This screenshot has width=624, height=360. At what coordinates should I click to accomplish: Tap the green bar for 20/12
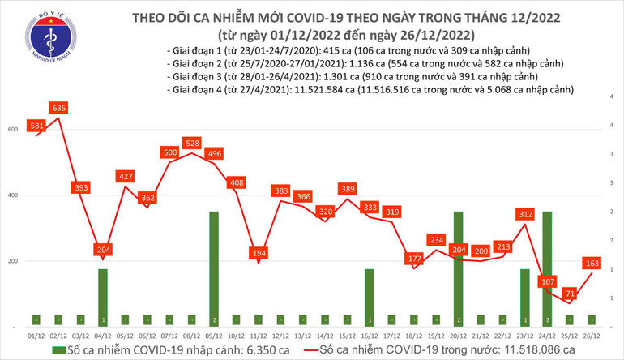tap(459, 268)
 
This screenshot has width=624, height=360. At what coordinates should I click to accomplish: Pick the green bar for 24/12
tap(547, 268)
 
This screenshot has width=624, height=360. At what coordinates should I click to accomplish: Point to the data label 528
tap(191, 144)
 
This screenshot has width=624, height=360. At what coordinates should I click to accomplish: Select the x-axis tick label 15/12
tap(347, 334)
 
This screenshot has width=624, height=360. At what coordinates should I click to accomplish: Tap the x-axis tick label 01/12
tap(36, 334)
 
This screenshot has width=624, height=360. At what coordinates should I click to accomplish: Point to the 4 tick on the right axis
tap(610, 96)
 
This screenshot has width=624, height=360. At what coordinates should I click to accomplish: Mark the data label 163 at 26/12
tap(592, 263)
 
